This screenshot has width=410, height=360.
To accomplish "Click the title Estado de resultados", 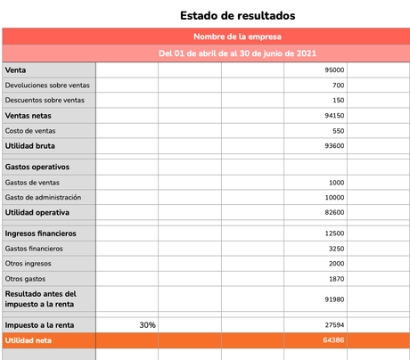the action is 237,15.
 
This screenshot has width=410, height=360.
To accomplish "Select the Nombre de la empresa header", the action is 237,37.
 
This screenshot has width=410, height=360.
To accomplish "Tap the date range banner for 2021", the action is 237,53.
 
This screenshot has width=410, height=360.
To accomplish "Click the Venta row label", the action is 15,70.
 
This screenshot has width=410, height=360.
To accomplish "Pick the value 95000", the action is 334,70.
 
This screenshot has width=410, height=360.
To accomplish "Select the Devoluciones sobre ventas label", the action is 47,85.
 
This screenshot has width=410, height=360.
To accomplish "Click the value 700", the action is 338,85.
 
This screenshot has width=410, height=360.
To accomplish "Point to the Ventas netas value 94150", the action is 334,115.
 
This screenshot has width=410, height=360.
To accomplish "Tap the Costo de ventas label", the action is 30,130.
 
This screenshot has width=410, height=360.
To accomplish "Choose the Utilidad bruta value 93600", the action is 334,145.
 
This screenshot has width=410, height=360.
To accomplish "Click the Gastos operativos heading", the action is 37,167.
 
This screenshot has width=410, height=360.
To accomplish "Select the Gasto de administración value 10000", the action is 334,197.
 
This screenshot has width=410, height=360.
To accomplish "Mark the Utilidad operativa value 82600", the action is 334,213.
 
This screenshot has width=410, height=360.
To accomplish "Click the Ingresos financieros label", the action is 40,233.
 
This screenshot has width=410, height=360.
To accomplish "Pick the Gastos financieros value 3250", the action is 336,249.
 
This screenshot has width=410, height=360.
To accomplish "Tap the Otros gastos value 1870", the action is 336,279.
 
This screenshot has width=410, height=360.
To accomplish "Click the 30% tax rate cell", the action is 147,325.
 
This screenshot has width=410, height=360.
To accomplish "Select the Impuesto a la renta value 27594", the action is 334,325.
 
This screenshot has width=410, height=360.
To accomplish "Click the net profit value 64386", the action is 334,340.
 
